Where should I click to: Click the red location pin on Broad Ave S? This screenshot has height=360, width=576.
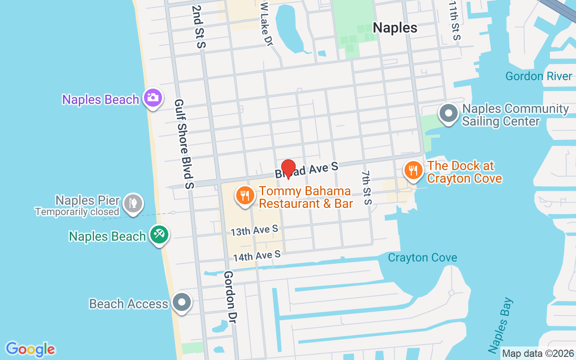pos(288,169)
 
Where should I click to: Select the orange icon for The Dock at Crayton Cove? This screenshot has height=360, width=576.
pos(413,171)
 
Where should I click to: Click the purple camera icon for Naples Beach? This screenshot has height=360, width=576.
pos(153,97)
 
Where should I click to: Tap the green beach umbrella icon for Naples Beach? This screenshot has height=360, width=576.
pos(159,234)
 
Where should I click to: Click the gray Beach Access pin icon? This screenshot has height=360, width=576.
pos(182,302)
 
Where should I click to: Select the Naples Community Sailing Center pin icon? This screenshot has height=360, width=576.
pos(448,113)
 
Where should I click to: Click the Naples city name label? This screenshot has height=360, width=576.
pos(395,27)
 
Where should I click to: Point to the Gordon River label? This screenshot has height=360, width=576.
pos(539,76)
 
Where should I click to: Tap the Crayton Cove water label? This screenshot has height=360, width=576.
pos(423,258)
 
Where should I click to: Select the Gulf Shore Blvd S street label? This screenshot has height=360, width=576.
pos(184,144)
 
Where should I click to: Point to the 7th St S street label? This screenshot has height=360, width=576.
pos(367,187)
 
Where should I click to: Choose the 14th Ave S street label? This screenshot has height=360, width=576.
pos(256,256)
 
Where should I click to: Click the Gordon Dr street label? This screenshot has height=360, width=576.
pos(230,297)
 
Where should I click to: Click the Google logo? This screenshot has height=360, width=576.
pos(31,349)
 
